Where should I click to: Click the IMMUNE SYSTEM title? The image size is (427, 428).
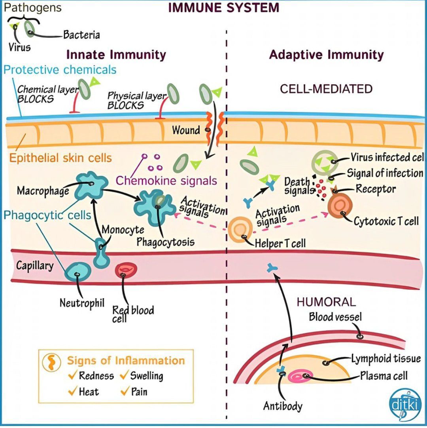tap(224, 8)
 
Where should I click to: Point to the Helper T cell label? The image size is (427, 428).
tap(280, 243)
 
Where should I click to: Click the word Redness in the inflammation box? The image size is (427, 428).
tap(96, 376)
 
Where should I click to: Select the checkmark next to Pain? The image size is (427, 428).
tap(125, 392)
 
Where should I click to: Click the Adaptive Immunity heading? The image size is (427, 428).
tap(326, 55)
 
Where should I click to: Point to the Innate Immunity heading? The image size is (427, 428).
tap(116, 55)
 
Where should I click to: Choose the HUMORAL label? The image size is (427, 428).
tap(326, 302)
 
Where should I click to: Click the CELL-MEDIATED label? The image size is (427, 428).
tap(326, 89)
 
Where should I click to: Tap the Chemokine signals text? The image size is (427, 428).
tap(166, 181)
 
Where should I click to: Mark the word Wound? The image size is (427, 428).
tap(186, 129)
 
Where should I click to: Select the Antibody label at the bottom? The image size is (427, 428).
tap(283, 406)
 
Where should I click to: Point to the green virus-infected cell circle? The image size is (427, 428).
tap(325, 162)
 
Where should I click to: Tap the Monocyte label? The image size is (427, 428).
tap(123, 229)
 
